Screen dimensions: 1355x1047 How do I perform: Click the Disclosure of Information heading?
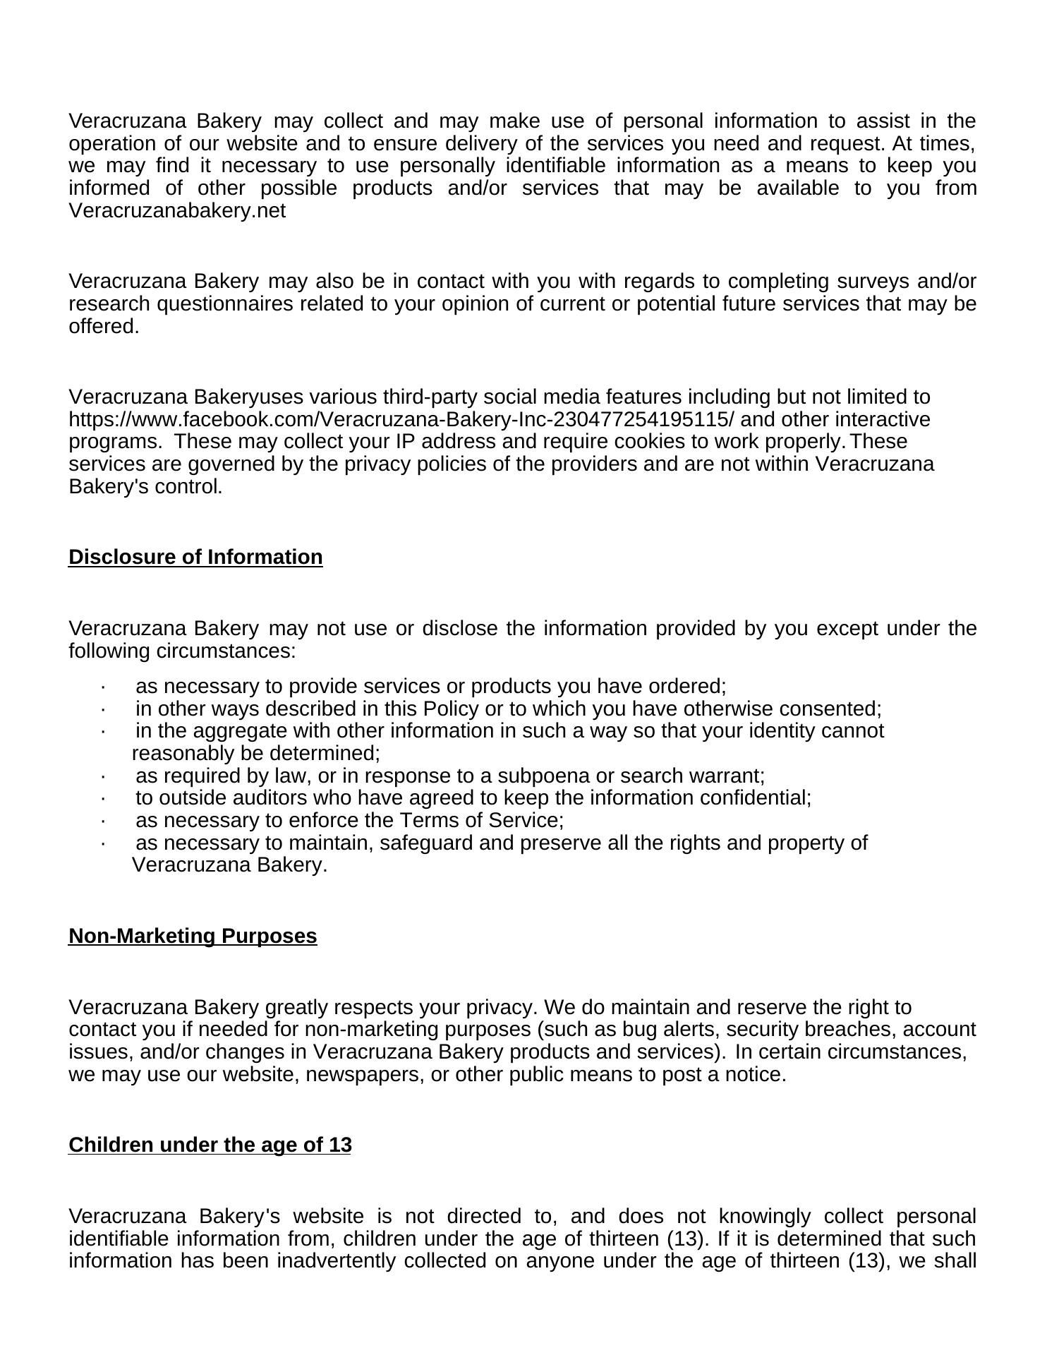click(195, 558)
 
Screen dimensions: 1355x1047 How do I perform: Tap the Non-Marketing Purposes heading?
click(193, 937)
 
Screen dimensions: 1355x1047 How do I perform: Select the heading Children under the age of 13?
click(210, 1145)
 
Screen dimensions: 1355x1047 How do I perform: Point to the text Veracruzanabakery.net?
click(177, 211)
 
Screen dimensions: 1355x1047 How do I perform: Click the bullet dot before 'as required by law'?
click(103, 776)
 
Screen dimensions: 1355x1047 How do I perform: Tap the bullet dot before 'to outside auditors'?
click(103, 798)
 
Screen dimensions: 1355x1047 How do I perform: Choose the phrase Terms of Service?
click(480, 821)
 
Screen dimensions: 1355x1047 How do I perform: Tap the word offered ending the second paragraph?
click(102, 327)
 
